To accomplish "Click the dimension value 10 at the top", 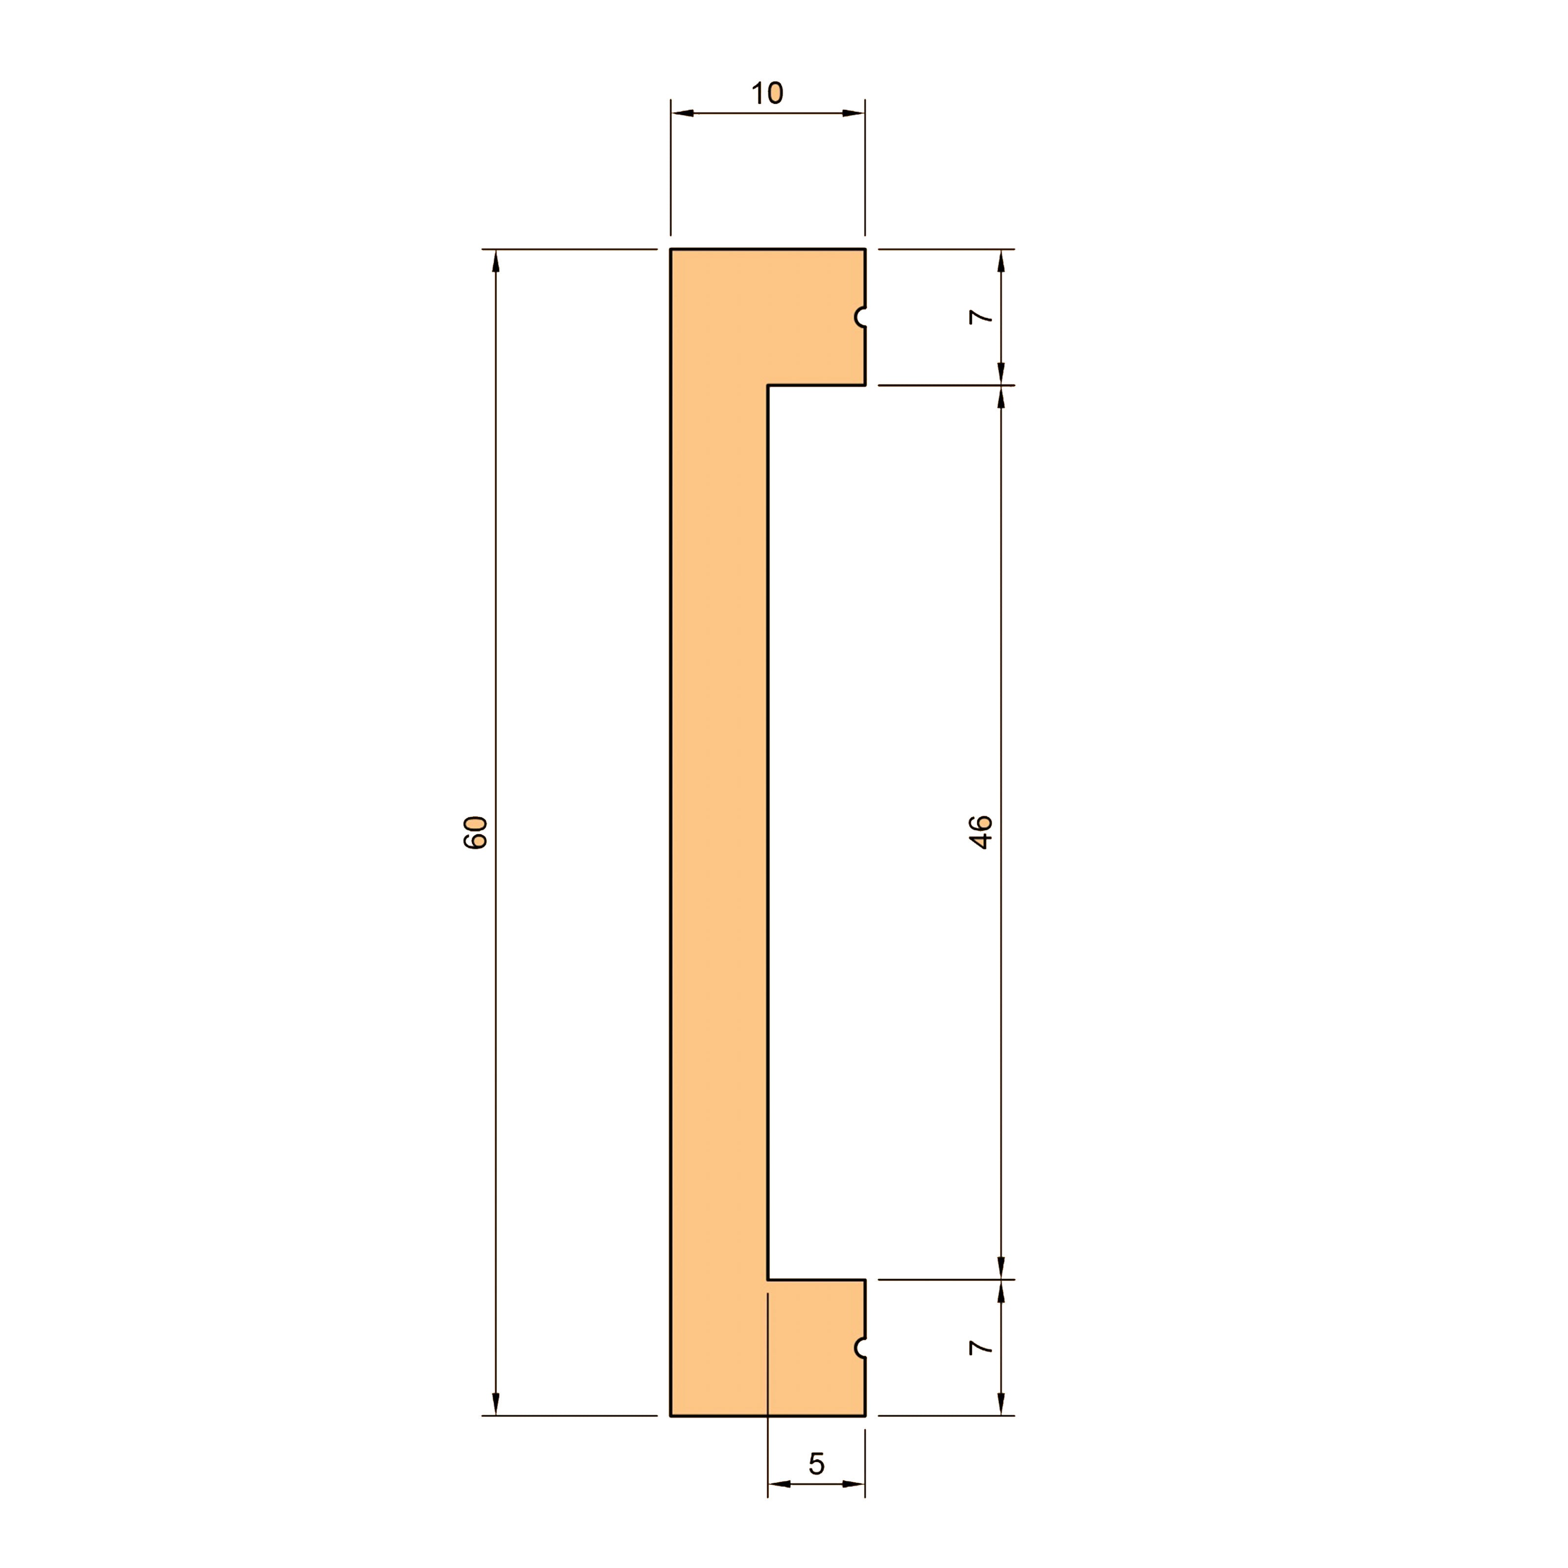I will point(767,93).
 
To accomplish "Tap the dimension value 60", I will point(475,833).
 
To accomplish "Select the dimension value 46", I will point(981,833).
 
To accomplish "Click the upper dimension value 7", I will point(981,318).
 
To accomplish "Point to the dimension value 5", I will point(816,1464).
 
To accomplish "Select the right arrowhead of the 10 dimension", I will point(854,113).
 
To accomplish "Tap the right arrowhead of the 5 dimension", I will point(854,1484).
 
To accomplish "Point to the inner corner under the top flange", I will point(768,386).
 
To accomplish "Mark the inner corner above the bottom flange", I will point(768,1280).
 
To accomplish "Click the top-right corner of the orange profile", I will point(864,249).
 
